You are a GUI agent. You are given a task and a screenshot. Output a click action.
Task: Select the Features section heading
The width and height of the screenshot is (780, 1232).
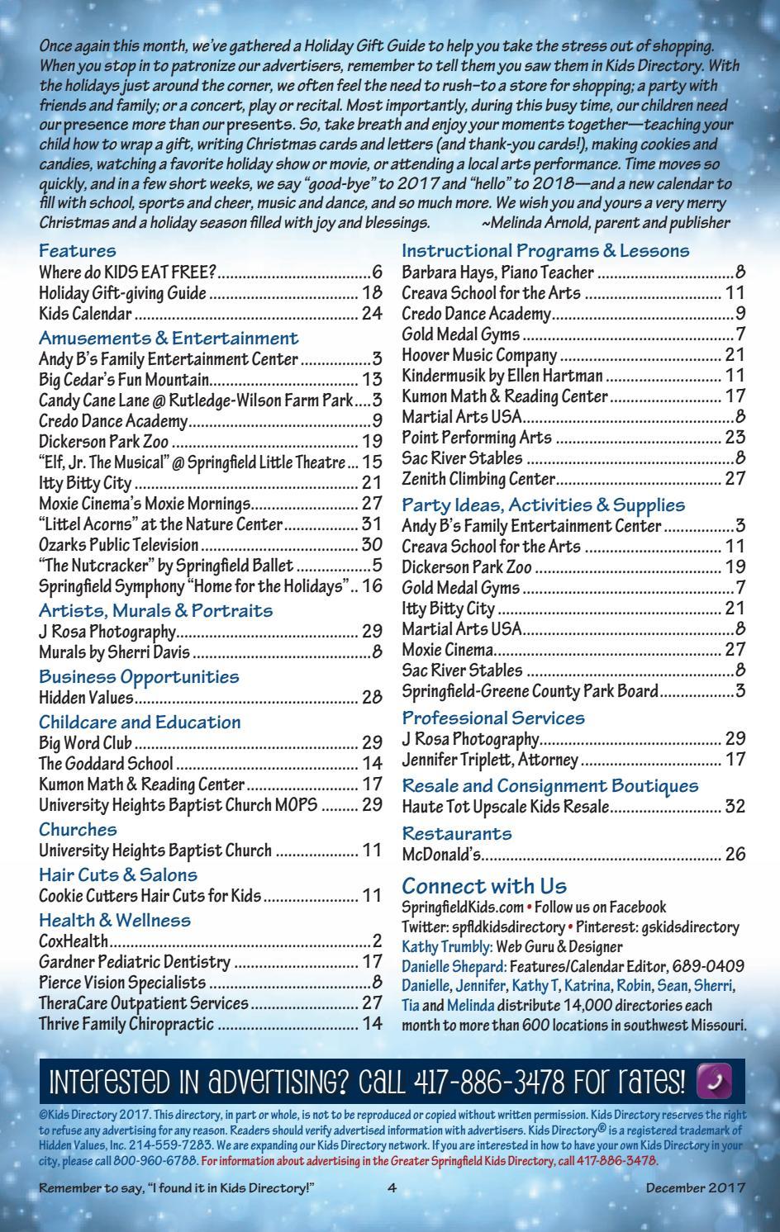pyautogui.click(x=78, y=250)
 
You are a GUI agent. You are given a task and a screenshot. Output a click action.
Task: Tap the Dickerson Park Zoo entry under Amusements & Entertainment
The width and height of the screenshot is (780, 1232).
pyautogui.click(x=104, y=442)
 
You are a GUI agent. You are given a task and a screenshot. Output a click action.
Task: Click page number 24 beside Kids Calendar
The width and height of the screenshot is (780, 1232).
pyautogui.click(x=372, y=314)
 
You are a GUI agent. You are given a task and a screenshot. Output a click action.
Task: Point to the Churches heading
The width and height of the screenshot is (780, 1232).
pyautogui.click(x=78, y=829)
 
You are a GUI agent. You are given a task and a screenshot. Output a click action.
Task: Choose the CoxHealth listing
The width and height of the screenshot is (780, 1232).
pyautogui.click(x=74, y=941)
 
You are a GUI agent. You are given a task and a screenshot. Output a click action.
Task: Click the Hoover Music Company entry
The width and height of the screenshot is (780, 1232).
pyautogui.click(x=479, y=355)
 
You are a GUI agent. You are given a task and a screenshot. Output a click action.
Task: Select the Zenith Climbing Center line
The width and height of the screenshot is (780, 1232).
pyautogui.click(x=478, y=479)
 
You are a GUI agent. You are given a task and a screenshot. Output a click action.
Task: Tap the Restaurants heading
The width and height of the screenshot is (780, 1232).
pyautogui.click(x=457, y=833)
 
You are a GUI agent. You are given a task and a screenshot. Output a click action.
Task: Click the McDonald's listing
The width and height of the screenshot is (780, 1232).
pyautogui.click(x=442, y=855)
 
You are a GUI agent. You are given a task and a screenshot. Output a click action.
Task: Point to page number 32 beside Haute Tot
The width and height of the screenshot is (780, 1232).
pyautogui.click(x=735, y=807)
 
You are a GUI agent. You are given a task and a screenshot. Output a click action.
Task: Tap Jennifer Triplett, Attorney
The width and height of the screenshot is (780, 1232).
pyautogui.click(x=490, y=760)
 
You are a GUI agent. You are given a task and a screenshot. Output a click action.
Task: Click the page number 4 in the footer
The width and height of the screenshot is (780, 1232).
pyautogui.click(x=392, y=1188)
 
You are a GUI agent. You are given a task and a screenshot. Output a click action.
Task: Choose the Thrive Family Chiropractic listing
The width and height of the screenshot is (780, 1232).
pyautogui.click(x=126, y=1024)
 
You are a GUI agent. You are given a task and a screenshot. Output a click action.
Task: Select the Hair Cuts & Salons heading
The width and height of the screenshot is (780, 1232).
pyautogui.click(x=115, y=874)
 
